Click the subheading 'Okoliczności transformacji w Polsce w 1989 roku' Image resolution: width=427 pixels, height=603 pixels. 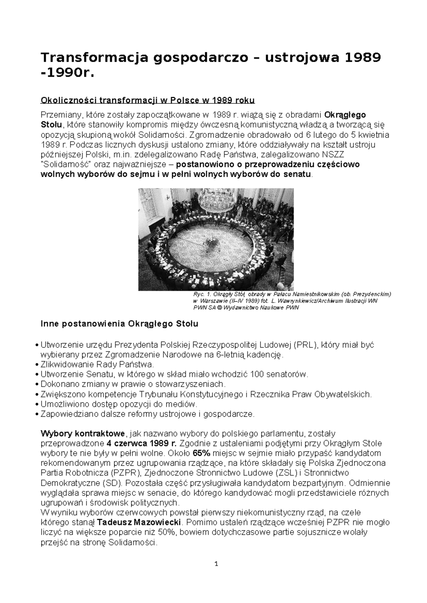pos(148,101)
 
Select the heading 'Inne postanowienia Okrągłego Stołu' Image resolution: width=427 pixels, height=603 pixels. pos(120,324)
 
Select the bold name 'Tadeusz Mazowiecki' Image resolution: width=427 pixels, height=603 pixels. pos(139,523)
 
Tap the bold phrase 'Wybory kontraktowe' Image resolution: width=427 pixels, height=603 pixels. pos(83,433)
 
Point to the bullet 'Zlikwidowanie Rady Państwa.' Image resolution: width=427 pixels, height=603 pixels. pos(97,364)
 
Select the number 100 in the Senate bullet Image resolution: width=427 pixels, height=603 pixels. pos(257,374)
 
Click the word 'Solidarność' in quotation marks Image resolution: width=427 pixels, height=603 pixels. pos(68,165)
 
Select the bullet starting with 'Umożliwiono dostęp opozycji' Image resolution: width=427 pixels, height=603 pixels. pos(119,404)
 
